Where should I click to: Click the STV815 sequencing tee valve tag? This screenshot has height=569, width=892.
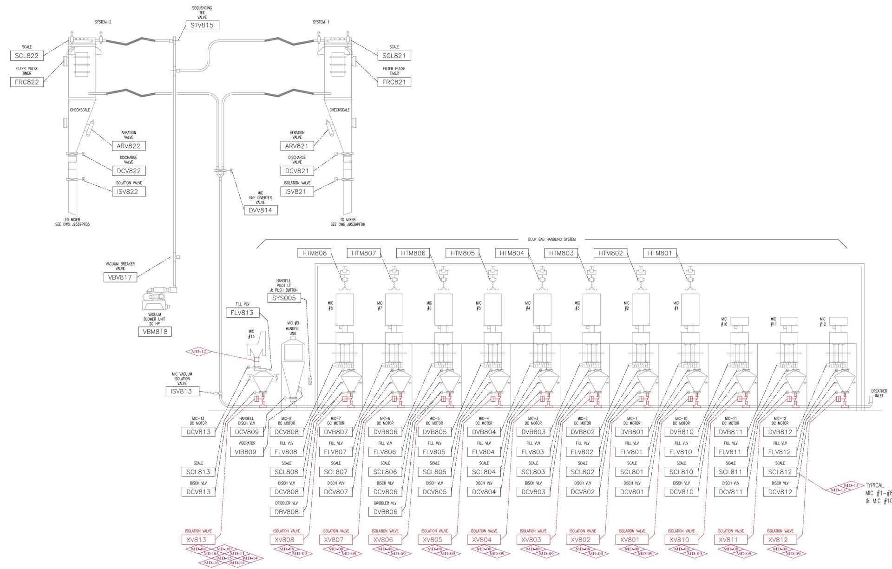pyautogui.click(x=202, y=26)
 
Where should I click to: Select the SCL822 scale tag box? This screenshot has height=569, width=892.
pyautogui.click(x=27, y=56)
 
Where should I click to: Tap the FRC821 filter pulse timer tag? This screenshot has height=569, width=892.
pyautogui.click(x=394, y=82)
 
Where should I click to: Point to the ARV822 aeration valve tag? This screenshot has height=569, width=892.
pyautogui.click(x=129, y=146)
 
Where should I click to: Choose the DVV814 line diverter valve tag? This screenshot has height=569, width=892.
pyautogui.click(x=260, y=210)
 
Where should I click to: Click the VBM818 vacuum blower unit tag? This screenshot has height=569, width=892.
pyautogui.click(x=155, y=332)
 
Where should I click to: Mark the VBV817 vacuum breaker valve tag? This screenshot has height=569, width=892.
pyautogui.click(x=120, y=277)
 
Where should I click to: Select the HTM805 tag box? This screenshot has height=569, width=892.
pyautogui.click(x=462, y=253)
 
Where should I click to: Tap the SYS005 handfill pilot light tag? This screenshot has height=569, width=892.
pyautogui.click(x=284, y=298)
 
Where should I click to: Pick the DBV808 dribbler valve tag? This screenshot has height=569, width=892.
pyautogui.click(x=286, y=512)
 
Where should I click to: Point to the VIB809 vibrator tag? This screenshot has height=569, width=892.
pyautogui.click(x=246, y=452)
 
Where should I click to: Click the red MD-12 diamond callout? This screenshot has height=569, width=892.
pyautogui.click(x=198, y=352)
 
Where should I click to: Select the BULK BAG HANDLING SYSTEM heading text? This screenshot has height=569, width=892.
pyautogui.click(x=551, y=240)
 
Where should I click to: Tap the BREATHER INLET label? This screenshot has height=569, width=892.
pyautogui.click(x=879, y=393)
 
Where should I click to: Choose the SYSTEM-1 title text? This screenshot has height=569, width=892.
pyautogui.click(x=321, y=22)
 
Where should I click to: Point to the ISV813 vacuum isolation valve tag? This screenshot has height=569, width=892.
pyautogui.click(x=181, y=392)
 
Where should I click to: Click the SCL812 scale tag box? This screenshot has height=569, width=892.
pyautogui.click(x=780, y=472)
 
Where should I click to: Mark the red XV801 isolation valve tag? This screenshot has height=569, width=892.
pyautogui.click(x=632, y=540)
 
